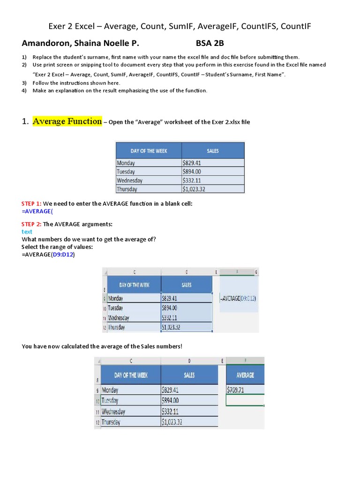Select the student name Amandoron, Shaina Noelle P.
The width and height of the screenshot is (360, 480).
(80, 44)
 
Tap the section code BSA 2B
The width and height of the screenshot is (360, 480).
(210, 44)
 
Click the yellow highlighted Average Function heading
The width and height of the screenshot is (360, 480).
(67, 121)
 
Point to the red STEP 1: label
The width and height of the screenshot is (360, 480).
(31, 203)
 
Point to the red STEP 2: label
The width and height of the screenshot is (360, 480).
(31, 224)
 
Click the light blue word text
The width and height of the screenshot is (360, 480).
(27, 232)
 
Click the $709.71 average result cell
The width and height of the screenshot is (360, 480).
(245, 389)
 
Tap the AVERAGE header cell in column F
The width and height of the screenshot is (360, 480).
(245, 375)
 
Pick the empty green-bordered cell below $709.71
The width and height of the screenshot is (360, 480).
(245, 400)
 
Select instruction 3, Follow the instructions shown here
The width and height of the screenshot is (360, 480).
(76, 83)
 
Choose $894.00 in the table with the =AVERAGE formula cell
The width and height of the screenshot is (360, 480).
(187, 308)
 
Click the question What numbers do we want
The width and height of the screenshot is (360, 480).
(89, 239)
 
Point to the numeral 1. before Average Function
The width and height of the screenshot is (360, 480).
(25, 122)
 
